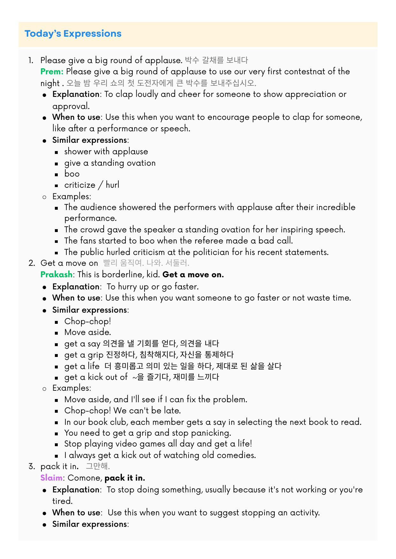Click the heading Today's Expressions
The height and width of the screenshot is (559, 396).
click(73, 34)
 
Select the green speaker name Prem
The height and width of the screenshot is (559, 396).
click(52, 72)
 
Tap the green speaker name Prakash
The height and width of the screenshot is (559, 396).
click(56, 275)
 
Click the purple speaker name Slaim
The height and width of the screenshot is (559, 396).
click(51, 478)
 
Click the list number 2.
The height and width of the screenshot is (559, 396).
click(32, 263)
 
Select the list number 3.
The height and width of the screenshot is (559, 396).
click(32, 467)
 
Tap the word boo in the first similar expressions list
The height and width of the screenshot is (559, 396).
click(72, 174)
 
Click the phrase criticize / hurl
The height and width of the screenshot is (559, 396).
click(92, 185)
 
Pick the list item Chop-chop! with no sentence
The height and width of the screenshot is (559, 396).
click(88, 322)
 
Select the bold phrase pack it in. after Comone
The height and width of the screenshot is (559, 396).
click(125, 478)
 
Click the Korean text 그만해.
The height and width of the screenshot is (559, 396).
click(98, 467)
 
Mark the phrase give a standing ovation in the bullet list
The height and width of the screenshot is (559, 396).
click(110, 163)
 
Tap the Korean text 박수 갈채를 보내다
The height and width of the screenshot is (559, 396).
click(216, 60)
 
